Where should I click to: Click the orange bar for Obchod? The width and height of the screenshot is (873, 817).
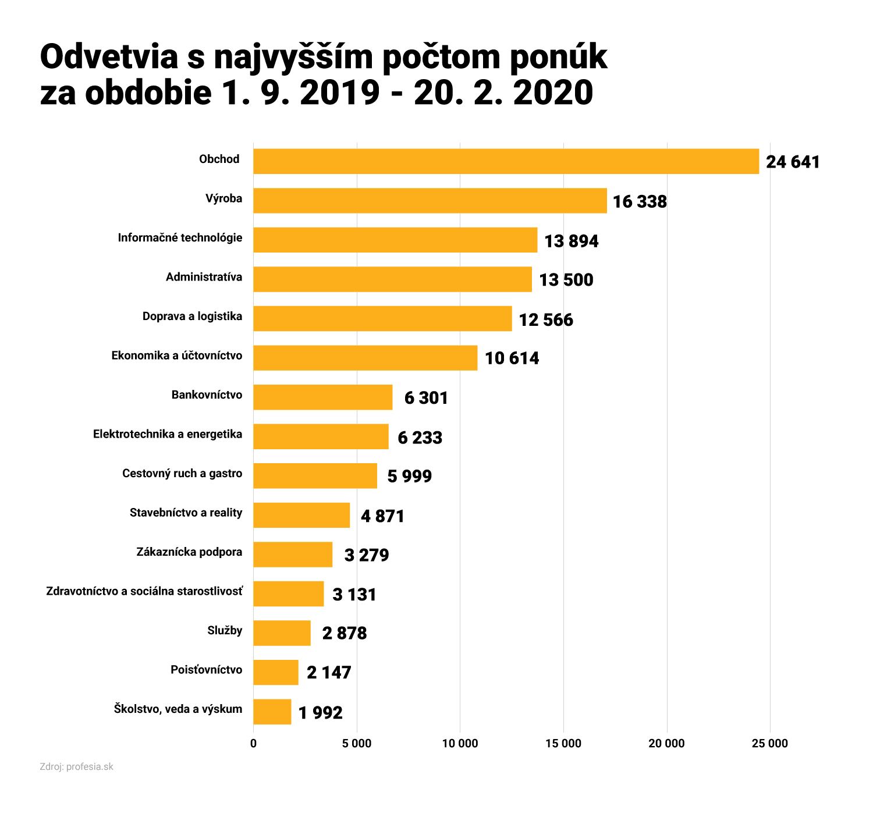[x=506, y=161]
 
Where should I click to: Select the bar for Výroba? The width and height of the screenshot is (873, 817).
[x=430, y=200]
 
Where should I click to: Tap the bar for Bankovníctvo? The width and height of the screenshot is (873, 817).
[x=322, y=397]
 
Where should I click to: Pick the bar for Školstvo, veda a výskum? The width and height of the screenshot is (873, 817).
[x=272, y=711]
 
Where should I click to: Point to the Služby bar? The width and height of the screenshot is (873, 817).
[x=282, y=633]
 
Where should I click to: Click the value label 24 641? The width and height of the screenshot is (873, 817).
[x=793, y=162]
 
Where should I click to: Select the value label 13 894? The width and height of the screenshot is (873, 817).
[x=571, y=241]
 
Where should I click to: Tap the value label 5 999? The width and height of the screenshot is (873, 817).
[x=409, y=476]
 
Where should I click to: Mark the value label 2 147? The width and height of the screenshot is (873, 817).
[x=329, y=673]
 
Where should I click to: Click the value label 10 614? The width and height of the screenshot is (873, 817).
[x=512, y=358]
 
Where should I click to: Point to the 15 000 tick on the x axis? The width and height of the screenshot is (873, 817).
[x=563, y=743]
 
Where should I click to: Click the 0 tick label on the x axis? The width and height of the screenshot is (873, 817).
[x=253, y=743]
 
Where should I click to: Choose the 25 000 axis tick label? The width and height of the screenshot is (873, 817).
[x=770, y=743]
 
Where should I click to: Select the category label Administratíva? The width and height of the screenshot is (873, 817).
[x=204, y=277]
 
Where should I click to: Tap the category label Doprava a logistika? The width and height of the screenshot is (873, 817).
[x=192, y=317]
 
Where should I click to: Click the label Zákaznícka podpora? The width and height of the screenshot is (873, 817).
[x=189, y=552]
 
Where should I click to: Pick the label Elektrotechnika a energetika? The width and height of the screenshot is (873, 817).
[x=168, y=434]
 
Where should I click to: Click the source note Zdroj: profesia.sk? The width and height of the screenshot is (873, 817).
[x=76, y=766]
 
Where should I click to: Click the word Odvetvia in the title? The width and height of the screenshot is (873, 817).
[x=109, y=57]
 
